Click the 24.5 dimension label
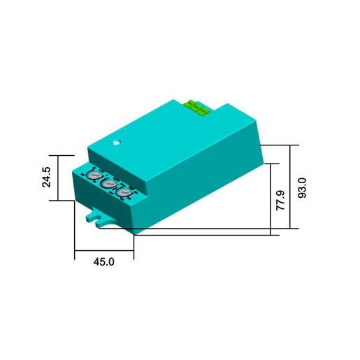point(46,177)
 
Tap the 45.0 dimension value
point(104,262)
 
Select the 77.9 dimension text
point(280,201)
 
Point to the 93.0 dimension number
point(302,188)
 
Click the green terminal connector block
point(197,108)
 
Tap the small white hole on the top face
point(116,142)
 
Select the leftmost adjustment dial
point(93,175)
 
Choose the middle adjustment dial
point(108,184)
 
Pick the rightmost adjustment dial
point(124,193)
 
